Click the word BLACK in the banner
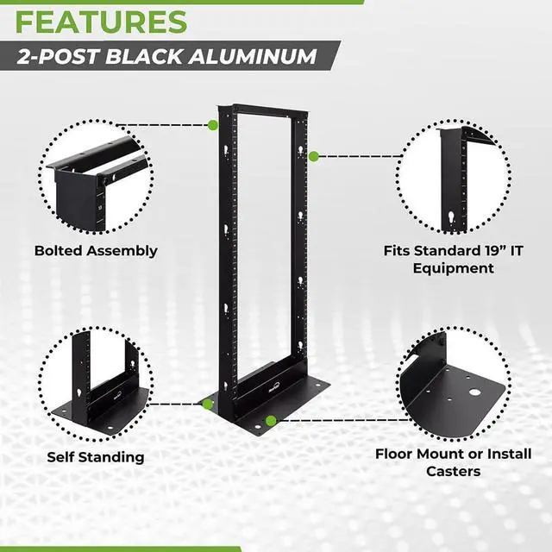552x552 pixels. coord(164,57)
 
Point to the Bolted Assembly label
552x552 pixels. coord(96,251)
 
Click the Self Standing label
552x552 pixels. coord(96,456)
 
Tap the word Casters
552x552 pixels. coord(454,471)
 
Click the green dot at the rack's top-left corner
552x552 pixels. coord(212,125)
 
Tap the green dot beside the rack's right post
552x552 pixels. coord(314,156)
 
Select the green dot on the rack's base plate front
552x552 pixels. coord(271,421)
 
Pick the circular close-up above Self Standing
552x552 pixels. coord(96,384)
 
